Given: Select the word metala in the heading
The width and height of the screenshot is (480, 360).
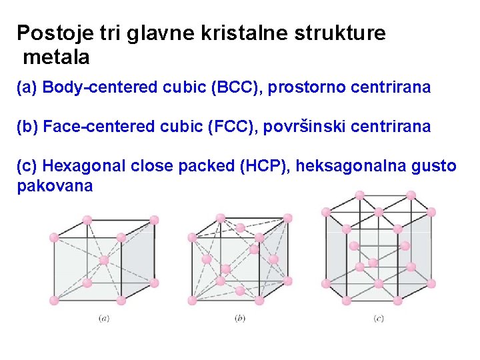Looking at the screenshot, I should [x=56, y=58].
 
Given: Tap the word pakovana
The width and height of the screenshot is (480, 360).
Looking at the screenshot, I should [x=55, y=186].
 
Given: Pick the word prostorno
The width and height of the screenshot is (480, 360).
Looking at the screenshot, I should [x=303, y=87].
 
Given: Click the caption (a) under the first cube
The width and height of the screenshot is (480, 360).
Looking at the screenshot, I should [x=104, y=319].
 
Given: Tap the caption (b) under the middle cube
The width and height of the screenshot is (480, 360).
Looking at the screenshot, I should [x=241, y=319].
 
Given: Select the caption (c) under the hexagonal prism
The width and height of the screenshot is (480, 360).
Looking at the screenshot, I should [x=379, y=319].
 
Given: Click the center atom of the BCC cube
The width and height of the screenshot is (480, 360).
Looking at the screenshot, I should [x=104, y=260].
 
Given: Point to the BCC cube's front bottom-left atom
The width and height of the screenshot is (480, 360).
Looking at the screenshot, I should [x=54, y=301].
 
